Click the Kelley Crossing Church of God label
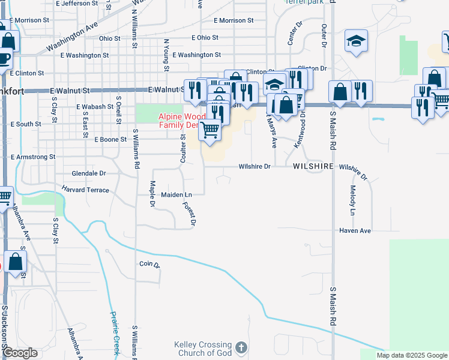tap(202, 349)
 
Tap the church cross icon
tap(240, 348)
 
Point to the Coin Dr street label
tap(149, 264)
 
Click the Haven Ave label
tap(355, 230)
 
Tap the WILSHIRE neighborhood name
tap(313, 166)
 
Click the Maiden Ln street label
tap(176, 195)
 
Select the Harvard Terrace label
tap(85, 190)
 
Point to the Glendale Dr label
tap(88, 173)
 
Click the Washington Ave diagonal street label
tap(71, 37)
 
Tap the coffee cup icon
tap(4, 59)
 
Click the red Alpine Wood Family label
tap(178, 121)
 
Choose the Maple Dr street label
tap(152, 195)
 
